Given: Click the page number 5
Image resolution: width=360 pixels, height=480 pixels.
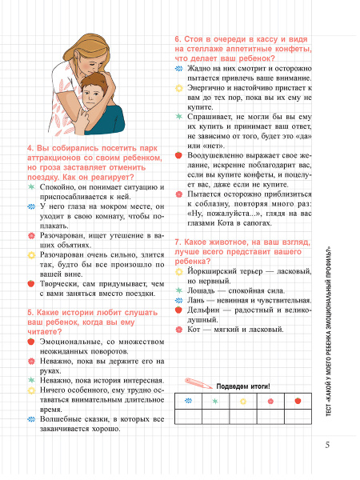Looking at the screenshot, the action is pos(326,445).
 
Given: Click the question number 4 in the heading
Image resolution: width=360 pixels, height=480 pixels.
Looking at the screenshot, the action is pos(30,150).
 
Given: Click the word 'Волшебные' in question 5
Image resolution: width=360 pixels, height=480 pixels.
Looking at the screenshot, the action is pos(58,418).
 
